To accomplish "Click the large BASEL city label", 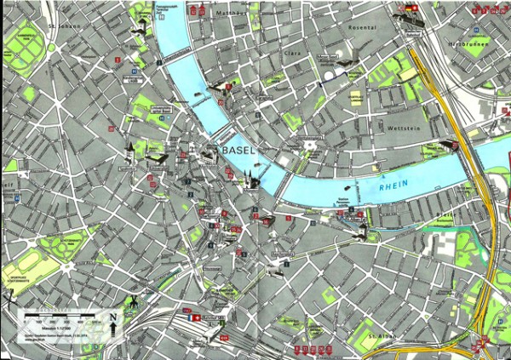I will pos(239,151).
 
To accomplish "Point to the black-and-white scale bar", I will pos(55,316).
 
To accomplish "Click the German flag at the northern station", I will pos(411,8).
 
